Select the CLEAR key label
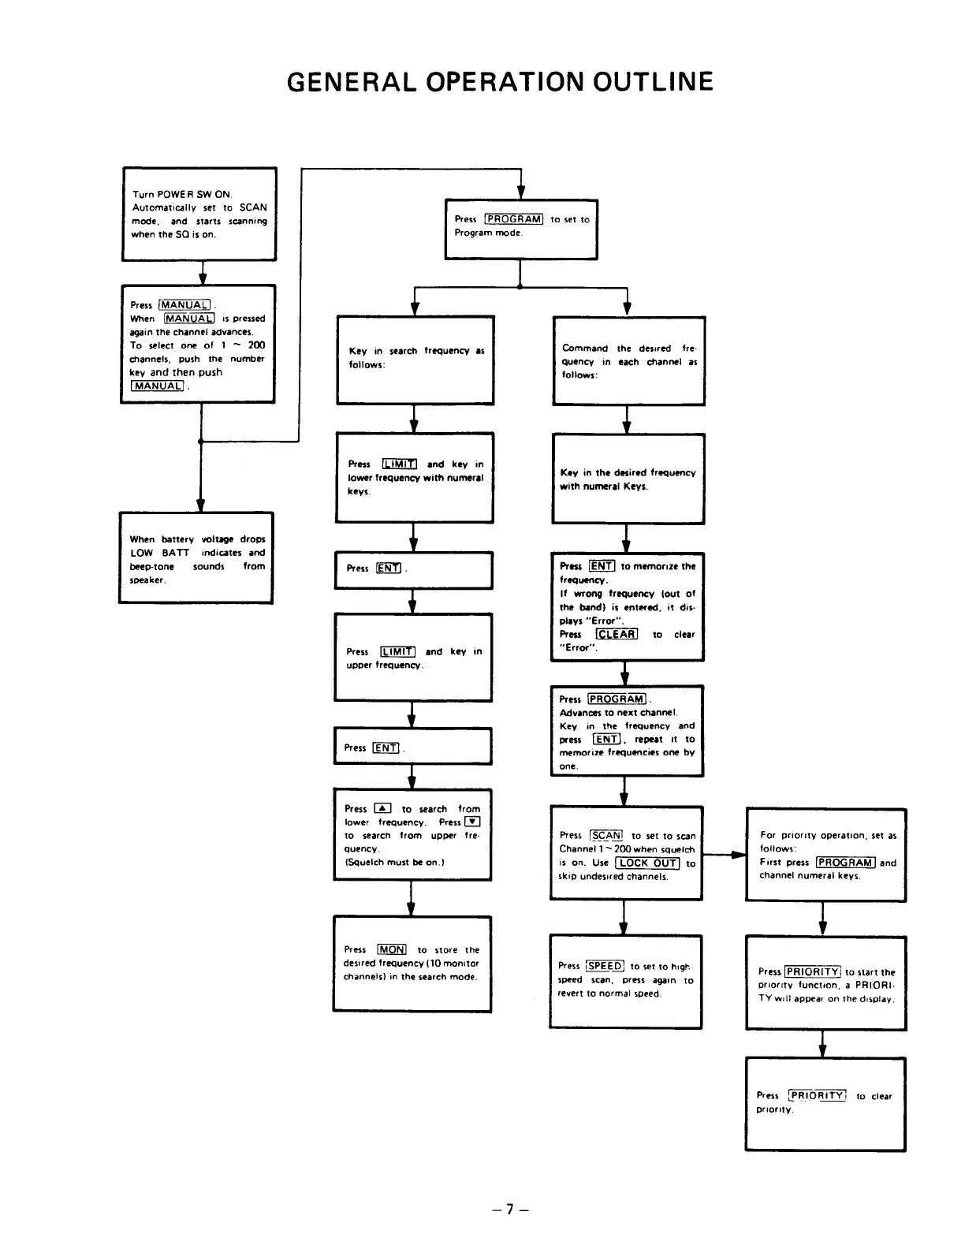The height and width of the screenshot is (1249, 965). [617, 634]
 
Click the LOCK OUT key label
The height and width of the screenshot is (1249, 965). [647, 863]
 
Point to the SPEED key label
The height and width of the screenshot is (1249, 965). [605, 966]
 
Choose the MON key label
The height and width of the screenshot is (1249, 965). [391, 949]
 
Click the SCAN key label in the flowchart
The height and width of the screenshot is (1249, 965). [606, 835]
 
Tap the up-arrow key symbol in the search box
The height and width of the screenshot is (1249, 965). [382, 808]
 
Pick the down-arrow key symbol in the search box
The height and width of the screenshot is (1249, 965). [472, 822]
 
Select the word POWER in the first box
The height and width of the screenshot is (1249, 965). [170, 194]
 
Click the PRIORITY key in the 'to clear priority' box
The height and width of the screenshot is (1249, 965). [817, 1095]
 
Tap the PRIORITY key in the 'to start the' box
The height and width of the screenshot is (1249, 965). [813, 971]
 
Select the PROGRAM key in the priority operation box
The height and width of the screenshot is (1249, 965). [845, 863]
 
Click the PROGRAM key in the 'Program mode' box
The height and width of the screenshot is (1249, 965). [513, 219]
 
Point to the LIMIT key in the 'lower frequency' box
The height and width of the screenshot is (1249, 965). [399, 464]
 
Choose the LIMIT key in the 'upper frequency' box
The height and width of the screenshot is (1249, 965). [397, 651]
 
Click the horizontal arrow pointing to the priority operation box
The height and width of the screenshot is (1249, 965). [724, 854]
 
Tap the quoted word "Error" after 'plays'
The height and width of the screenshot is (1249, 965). [607, 621]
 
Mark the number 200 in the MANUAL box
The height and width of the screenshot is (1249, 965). [256, 345]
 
